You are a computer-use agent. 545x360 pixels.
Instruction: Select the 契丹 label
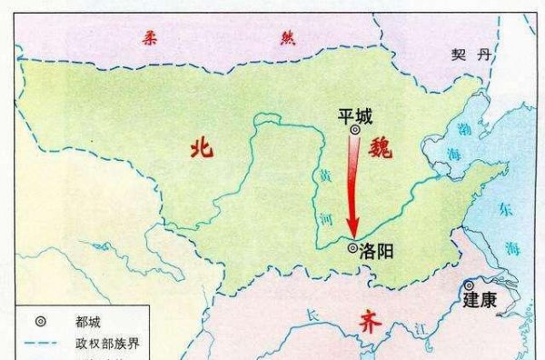(x=471, y=55)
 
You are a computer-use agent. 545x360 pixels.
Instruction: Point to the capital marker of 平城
(x=355, y=132)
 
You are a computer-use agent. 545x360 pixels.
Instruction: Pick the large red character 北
(x=201, y=148)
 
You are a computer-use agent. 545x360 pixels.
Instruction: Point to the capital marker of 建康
(x=470, y=285)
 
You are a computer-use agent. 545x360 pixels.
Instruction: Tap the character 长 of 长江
(x=313, y=315)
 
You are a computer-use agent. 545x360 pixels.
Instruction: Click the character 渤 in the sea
(x=463, y=128)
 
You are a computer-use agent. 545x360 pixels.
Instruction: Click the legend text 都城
(x=90, y=321)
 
